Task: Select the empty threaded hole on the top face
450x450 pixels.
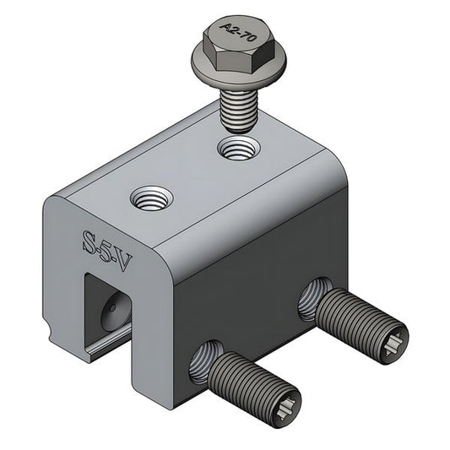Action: click(x=151, y=201)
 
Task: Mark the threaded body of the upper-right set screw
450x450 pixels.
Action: click(x=355, y=317)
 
